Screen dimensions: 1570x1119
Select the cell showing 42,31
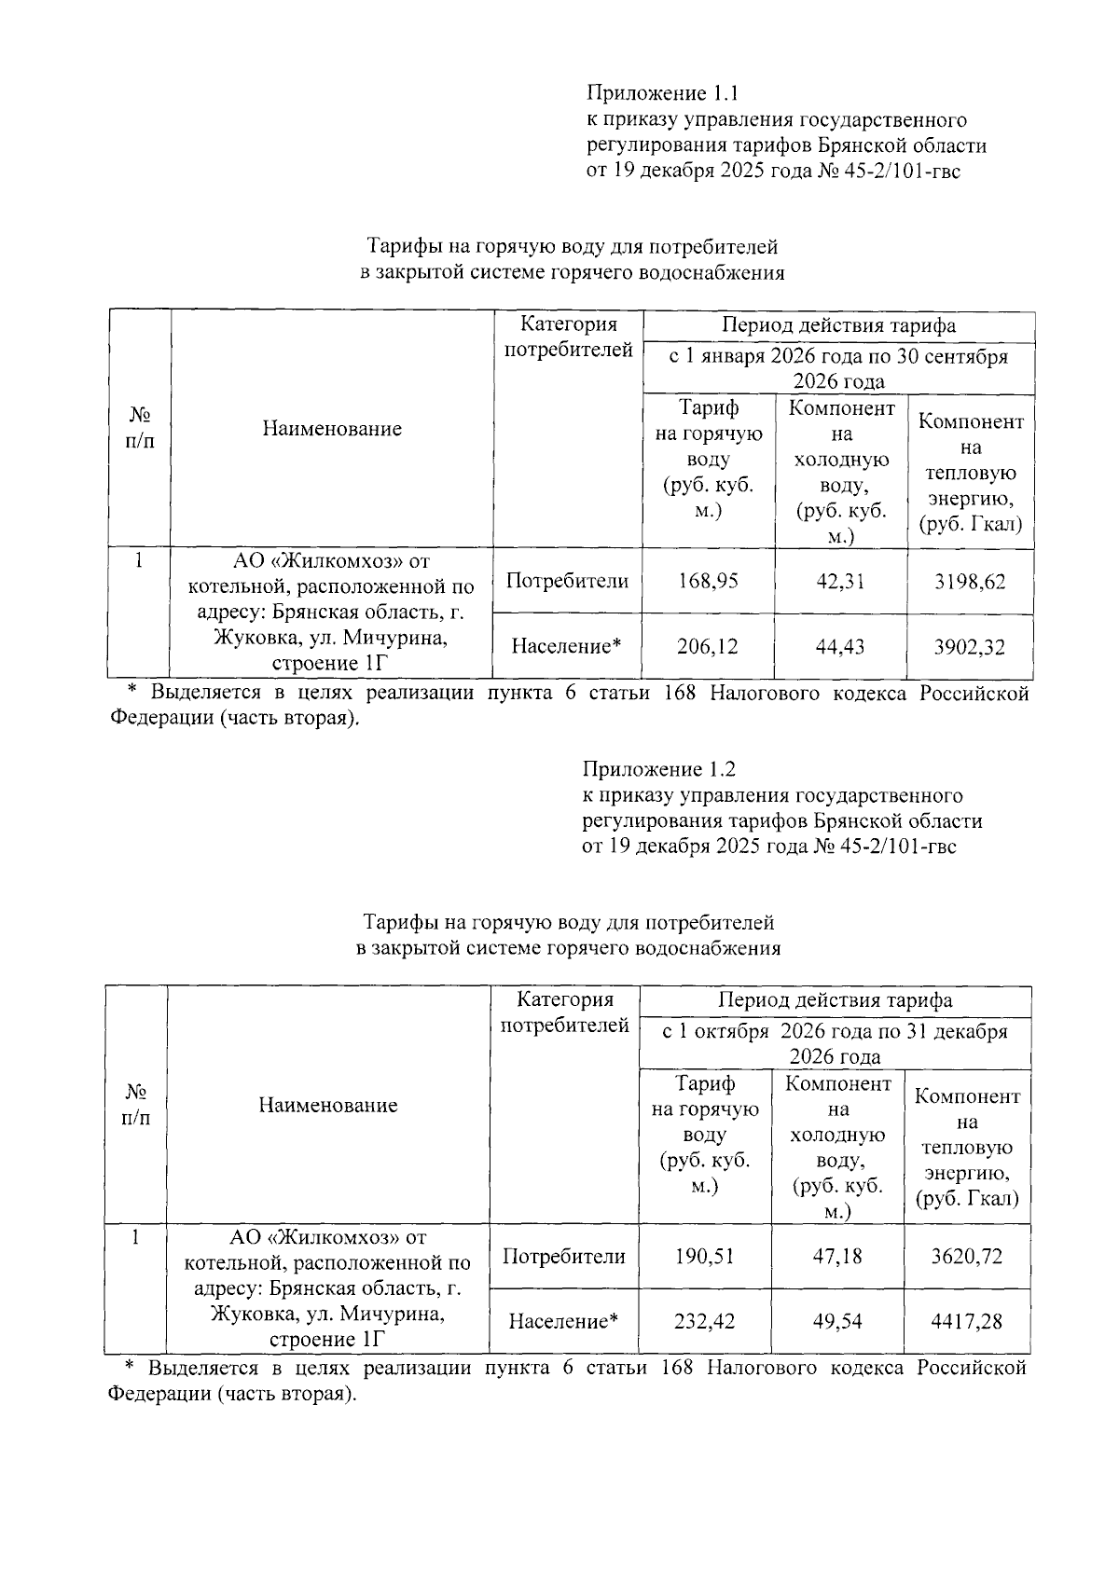(839, 582)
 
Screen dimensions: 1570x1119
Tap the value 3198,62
(970, 582)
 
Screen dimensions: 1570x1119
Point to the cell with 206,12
(707, 647)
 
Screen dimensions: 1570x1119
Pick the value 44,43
(839, 647)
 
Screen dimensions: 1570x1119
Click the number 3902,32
(970, 647)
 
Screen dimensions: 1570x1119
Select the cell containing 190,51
(704, 1257)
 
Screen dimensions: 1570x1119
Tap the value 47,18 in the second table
(836, 1257)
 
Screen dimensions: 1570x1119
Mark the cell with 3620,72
(967, 1257)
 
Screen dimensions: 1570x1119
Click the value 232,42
(704, 1322)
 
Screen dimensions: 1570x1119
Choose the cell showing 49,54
(836, 1322)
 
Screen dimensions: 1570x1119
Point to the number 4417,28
(967, 1322)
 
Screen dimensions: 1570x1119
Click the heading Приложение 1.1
(661, 93)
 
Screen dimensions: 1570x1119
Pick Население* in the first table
(566, 646)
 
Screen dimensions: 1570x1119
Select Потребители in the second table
(563, 1257)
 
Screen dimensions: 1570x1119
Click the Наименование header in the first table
(332, 429)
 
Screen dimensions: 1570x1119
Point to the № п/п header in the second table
(136, 1105)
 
